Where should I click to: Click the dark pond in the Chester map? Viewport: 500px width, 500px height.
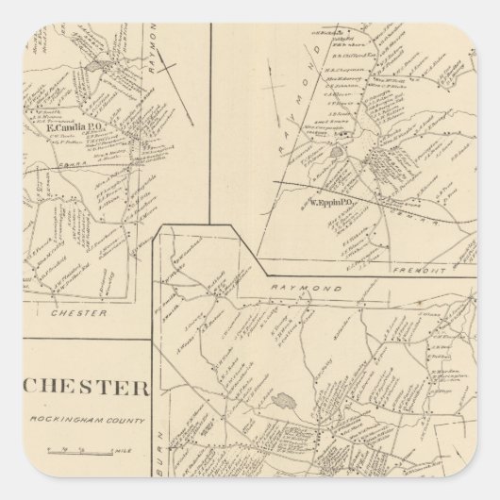point(280,400)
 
